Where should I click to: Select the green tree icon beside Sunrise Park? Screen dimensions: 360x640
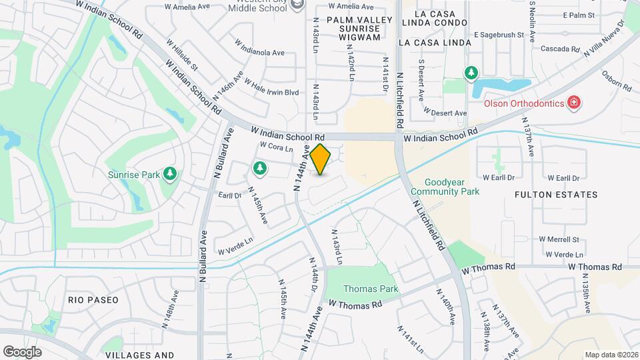click(x=170, y=174)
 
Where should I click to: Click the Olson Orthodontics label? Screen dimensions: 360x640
click(x=523, y=103)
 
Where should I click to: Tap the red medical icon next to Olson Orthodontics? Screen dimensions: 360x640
click(x=573, y=103)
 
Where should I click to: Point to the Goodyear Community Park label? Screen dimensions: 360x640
click(x=453, y=186)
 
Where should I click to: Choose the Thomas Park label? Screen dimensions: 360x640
click(x=371, y=289)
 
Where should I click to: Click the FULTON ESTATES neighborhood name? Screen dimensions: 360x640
click(x=556, y=195)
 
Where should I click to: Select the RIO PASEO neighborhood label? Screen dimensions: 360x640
click(x=93, y=300)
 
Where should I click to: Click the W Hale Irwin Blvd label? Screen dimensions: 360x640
click(x=271, y=87)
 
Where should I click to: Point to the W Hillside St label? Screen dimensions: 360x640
click(x=185, y=58)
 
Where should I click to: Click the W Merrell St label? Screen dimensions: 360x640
click(x=563, y=239)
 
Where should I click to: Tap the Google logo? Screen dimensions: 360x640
click(x=22, y=352)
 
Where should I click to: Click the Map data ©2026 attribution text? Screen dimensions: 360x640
click(x=611, y=355)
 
